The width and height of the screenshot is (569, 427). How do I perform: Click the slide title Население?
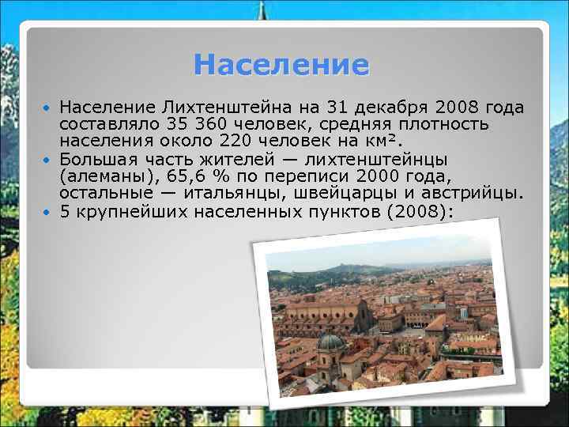[x=281, y=65]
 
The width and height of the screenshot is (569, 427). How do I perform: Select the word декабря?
[x=386, y=107]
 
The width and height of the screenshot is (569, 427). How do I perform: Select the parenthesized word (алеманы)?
[x=107, y=176]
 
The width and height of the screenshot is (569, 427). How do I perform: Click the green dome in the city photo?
[x=330, y=342]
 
